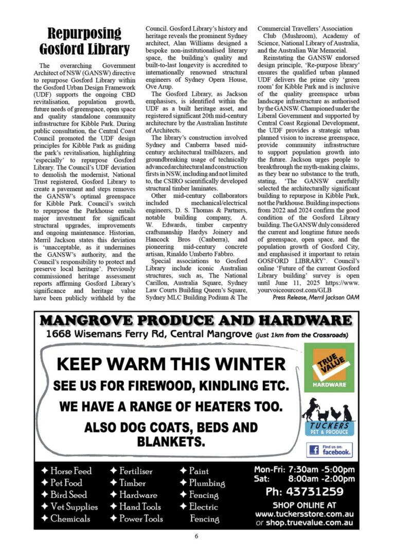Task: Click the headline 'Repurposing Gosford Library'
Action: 85,42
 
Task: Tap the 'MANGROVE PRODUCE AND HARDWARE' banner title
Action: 196,321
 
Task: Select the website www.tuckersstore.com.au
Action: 303,514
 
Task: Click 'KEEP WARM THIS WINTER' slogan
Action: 171,364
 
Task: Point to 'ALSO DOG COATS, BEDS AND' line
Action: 171,427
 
